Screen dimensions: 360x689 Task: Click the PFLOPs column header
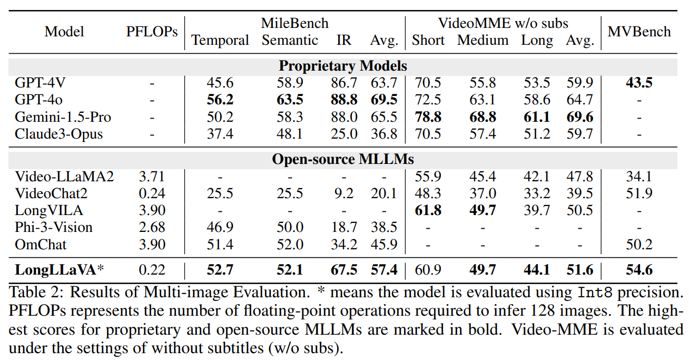pos(152,32)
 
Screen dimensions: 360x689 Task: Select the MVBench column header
pos(639,32)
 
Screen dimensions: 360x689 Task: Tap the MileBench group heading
pos(294,23)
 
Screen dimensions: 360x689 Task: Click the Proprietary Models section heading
pos(343,66)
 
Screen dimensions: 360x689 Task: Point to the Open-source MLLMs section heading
pos(343,159)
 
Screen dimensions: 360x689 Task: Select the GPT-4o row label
pos(36,100)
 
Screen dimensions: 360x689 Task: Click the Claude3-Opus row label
pos(58,134)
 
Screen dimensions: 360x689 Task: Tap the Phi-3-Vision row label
pos(54,227)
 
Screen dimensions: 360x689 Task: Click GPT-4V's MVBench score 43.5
pos(639,83)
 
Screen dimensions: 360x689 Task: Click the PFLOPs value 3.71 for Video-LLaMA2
pos(152,176)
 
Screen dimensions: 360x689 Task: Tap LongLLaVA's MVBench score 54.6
pos(639,270)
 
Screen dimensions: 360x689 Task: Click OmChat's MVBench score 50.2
pos(639,245)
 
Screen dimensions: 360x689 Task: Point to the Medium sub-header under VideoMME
pos(483,41)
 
